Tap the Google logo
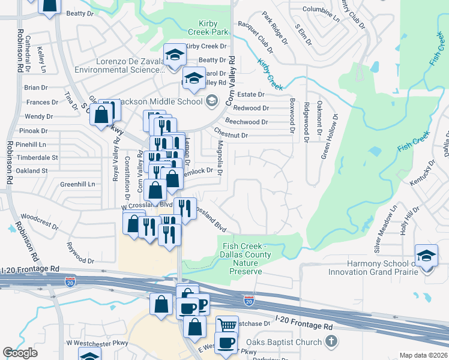point(20,353)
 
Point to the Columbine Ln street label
point(321,10)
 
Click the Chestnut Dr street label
point(231,136)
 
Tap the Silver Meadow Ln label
point(385,229)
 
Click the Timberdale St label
point(37,158)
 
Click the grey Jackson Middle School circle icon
point(211,101)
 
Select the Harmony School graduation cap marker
point(426,256)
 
